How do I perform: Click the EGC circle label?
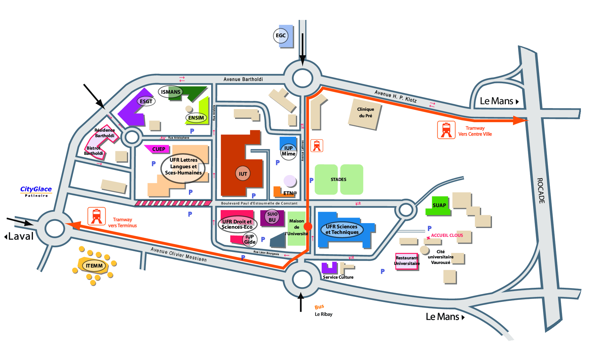tap(280, 36)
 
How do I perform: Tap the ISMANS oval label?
tap(171, 92)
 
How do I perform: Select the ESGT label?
tap(146, 101)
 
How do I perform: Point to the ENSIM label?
tap(196, 118)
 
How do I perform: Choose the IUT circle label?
tap(243, 174)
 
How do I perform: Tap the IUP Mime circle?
tap(289, 151)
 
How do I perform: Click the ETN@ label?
tap(290, 193)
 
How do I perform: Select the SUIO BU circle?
tap(272, 217)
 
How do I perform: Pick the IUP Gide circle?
tap(250, 239)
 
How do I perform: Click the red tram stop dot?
tap(308, 226)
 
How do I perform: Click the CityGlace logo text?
tap(36, 189)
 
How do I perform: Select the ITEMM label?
tap(94, 266)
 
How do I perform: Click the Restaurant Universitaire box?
tap(407, 261)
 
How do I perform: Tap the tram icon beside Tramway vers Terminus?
tap(96, 216)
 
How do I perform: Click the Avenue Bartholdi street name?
tap(243, 79)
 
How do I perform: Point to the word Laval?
tap(21, 236)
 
